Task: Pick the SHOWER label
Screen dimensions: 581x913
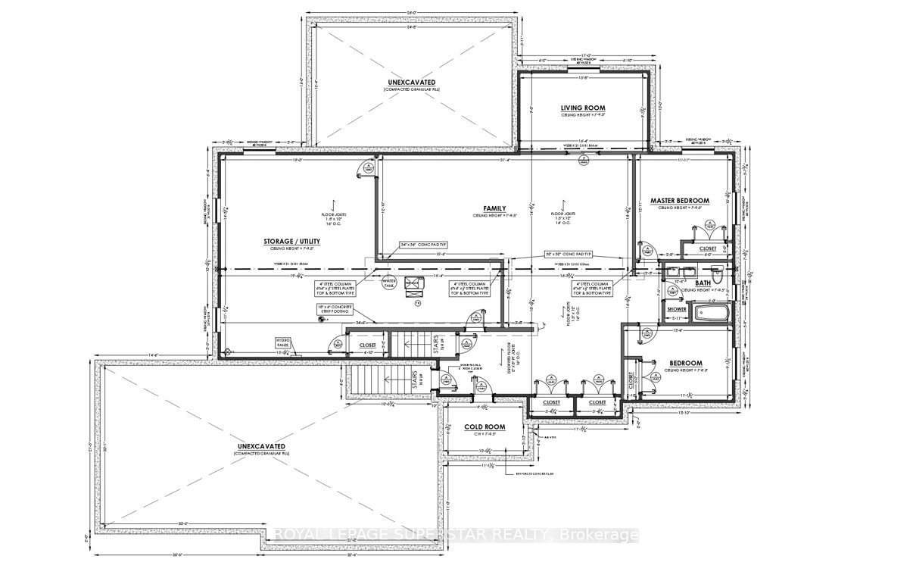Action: coord(676,310)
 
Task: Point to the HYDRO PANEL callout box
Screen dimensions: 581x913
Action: coord(283,343)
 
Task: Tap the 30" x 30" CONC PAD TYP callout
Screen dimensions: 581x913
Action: coord(568,255)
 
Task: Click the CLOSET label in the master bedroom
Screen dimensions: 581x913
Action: coord(707,248)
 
